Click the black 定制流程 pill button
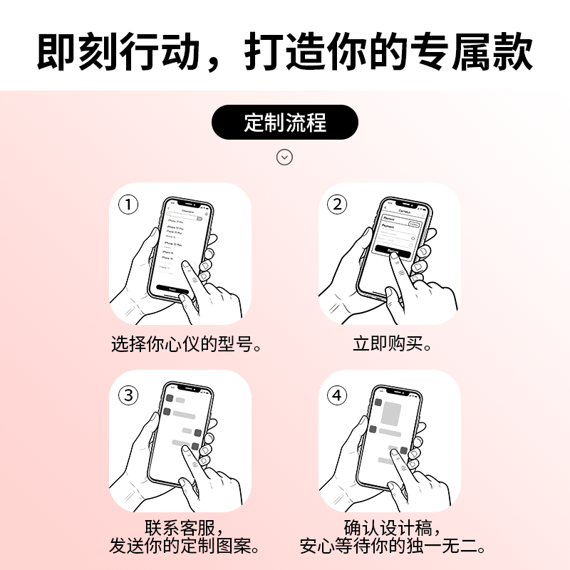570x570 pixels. coord(285,123)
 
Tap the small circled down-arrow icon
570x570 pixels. coord(285,157)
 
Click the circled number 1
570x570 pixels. coord(128,205)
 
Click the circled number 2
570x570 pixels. coord(337,205)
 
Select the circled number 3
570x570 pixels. coord(128,395)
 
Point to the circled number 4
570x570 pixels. coord(337,395)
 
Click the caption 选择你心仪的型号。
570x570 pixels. coord(187,345)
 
